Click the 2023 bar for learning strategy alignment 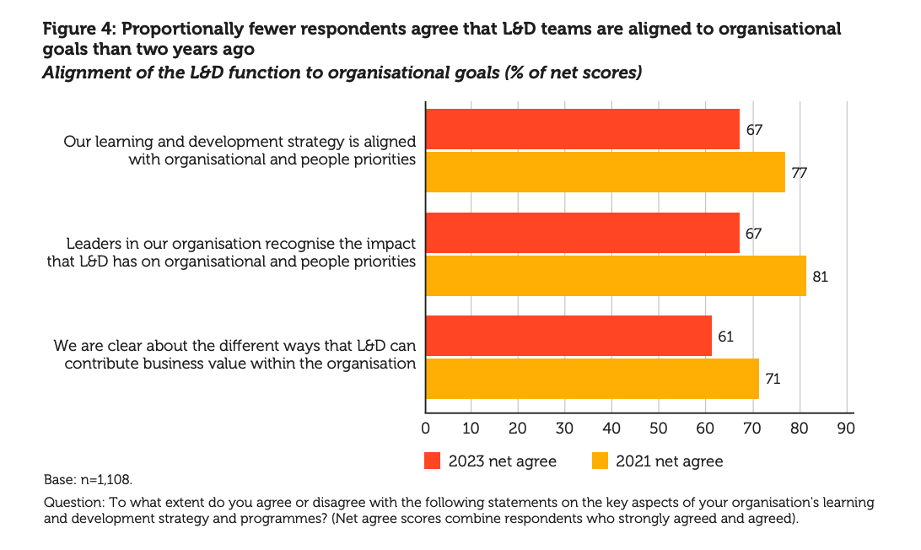coord(582,129)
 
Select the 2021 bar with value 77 coord(605,172)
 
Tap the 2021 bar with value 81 coord(616,276)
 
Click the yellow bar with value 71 coord(592,379)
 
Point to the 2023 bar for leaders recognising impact coord(582,233)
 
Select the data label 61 coord(725,337)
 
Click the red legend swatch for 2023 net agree coord(433,461)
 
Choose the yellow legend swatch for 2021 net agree coord(600,461)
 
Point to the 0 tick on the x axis coord(426,429)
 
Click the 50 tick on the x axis coord(659,429)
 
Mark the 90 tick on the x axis coord(845,429)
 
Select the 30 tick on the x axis coord(565,429)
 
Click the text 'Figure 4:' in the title coord(78,29)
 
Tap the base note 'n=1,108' coord(106,479)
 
